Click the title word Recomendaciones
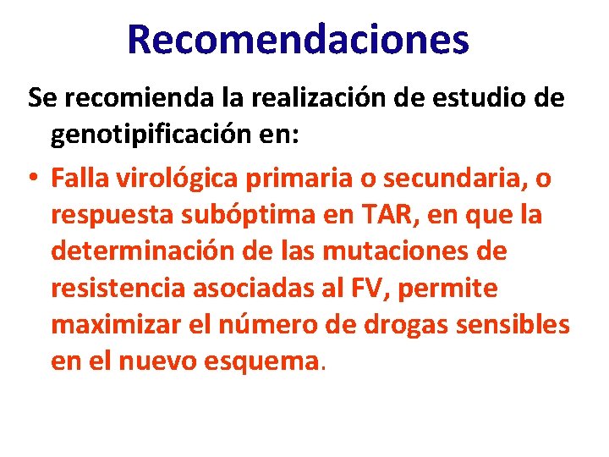(x=298, y=39)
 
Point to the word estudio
(x=464, y=98)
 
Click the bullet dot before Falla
(x=33, y=179)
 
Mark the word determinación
(x=140, y=251)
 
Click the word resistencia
(x=118, y=289)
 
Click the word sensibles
(x=520, y=326)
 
